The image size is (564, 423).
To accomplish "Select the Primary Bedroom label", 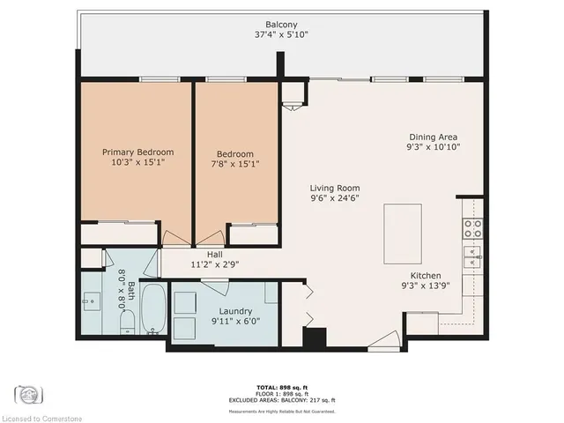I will point(137,152).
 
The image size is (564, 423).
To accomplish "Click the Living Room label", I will point(334,188).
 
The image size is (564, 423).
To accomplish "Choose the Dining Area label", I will point(434,137).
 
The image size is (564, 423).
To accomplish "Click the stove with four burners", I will point(473,229).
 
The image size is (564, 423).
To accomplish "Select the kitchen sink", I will point(473,257).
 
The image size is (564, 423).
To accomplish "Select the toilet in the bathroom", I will point(125,321).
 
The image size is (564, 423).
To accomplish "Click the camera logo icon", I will point(26,392).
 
